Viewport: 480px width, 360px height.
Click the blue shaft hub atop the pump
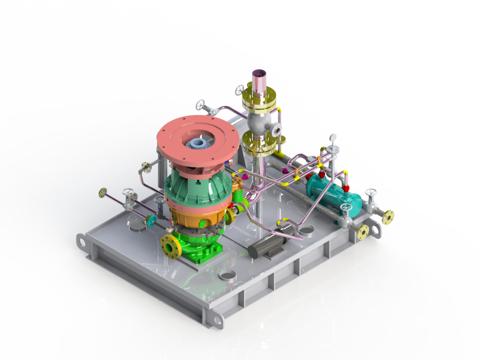pos(198,142)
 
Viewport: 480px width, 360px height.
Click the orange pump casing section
pos(197,217)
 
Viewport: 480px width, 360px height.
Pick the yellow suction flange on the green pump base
pos(170,246)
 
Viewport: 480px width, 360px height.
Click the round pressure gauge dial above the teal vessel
pos(333,137)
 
